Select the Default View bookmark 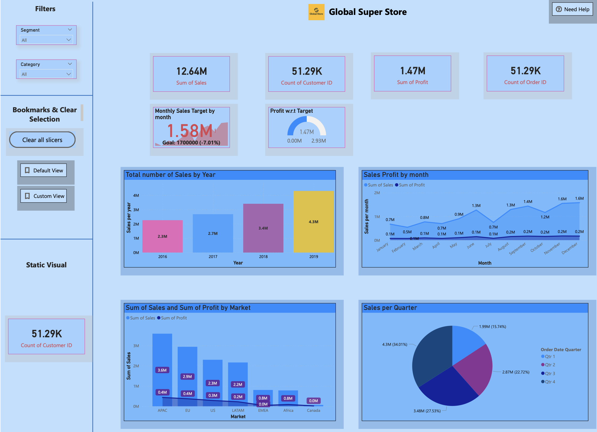pyautogui.click(x=44, y=170)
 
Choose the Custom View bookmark pyautogui.click(x=44, y=196)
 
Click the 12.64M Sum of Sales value pyautogui.click(x=192, y=71)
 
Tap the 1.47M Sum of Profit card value pyautogui.click(x=413, y=71)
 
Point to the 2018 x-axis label pyautogui.click(x=263, y=256)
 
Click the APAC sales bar pyautogui.click(x=162, y=354)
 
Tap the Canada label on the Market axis pyautogui.click(x=313, y=410)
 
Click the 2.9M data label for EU pyautogui.click(x=187, y=376)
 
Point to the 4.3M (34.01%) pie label pyautogui.click(x=395, y=344)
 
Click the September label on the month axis pyautogui.click(x=517, y=248)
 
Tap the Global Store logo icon pyautogui.click(x=316, y=12)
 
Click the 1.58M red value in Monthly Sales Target pyautogui.click(x=190, y=131)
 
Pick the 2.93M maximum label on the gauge pyautogui.click(x=318, y=141)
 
